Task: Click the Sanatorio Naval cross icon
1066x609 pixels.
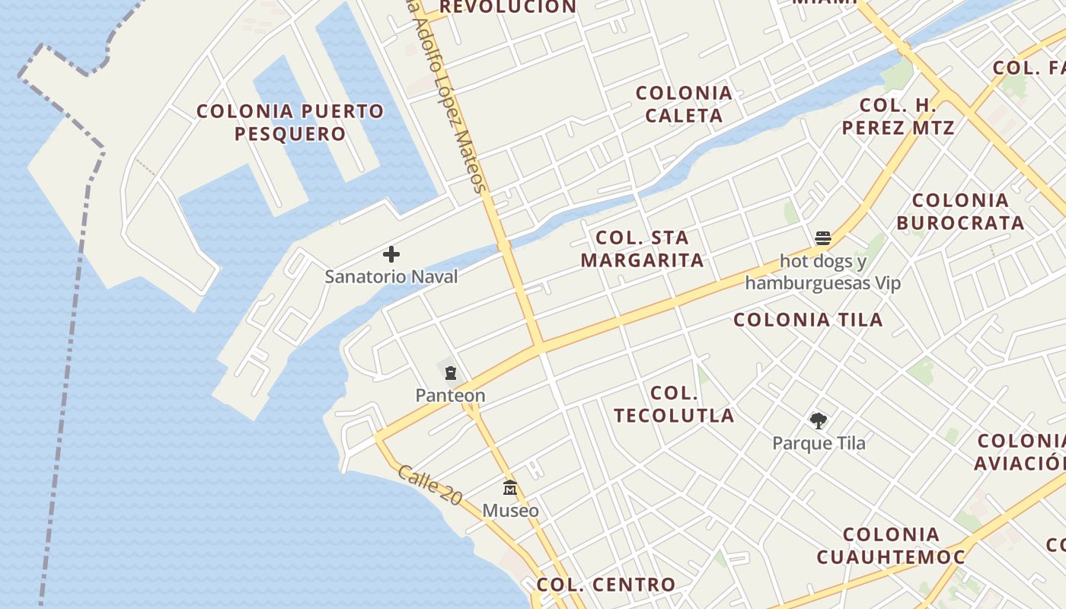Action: point(391,254)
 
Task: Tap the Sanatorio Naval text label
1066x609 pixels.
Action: point(391,276)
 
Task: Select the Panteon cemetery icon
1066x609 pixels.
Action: point(451,373)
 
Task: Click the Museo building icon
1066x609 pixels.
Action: point(510,488)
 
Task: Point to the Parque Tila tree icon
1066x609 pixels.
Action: point(819,420)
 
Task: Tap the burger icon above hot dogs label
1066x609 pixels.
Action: point(822,238)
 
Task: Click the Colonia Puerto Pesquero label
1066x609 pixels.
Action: point(290,123)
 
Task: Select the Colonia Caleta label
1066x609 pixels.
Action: point(684,104)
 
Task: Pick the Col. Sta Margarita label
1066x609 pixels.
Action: point(642,249)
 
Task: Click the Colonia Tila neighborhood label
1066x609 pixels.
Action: point(808,320)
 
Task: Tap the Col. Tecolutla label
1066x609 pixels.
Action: point(674,404)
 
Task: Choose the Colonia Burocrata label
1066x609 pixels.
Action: point(960,212)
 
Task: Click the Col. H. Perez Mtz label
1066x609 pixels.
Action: point(898,116)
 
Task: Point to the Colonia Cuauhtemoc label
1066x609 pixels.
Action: point(891,546)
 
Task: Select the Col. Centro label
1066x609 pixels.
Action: point(605,585)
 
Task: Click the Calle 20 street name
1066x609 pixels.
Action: point(429,485)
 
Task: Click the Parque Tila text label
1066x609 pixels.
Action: point(819,443)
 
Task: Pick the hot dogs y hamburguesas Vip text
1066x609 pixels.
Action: point(822,273)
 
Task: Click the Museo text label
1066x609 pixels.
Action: point(510,510)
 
